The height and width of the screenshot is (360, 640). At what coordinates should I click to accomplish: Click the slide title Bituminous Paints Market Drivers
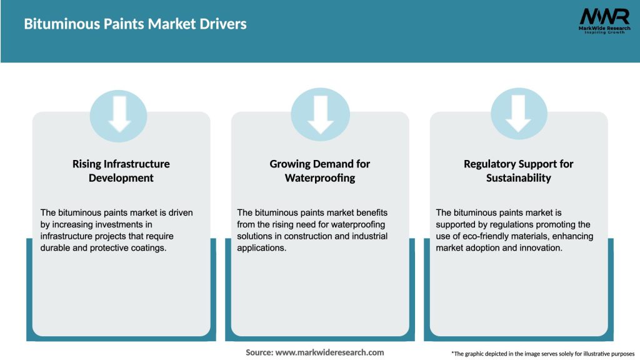135,24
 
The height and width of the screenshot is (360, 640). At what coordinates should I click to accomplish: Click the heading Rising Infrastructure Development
121,171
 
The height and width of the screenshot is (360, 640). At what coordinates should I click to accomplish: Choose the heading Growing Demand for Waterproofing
320,171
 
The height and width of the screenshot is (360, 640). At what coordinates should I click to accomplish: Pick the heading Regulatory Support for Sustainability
519,171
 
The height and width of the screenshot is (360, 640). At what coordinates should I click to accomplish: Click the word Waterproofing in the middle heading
320,178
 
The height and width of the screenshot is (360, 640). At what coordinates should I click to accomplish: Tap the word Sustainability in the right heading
519,178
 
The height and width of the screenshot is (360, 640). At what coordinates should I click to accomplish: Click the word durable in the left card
56,248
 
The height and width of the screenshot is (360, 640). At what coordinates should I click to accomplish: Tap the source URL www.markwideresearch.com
329,352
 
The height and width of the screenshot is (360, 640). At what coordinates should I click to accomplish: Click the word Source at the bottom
259,352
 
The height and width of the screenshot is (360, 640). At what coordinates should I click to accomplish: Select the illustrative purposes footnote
542,354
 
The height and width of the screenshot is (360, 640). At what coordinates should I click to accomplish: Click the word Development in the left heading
121,178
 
